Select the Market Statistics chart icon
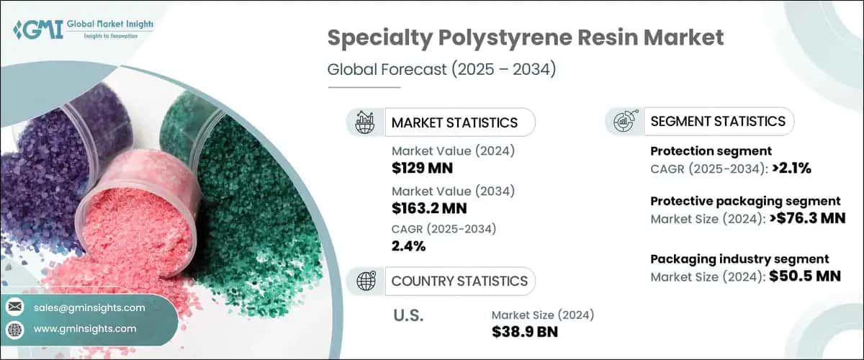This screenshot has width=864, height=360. pos(364,122)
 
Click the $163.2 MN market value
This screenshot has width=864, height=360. pos(429,209)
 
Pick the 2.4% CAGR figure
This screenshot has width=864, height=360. pos(408,246)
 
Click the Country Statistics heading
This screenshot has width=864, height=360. pos(459,281)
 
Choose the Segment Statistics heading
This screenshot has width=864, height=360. pos(717,122)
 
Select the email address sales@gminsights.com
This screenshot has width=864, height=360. pos(89,307)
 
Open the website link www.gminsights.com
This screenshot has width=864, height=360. pos(84,328)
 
